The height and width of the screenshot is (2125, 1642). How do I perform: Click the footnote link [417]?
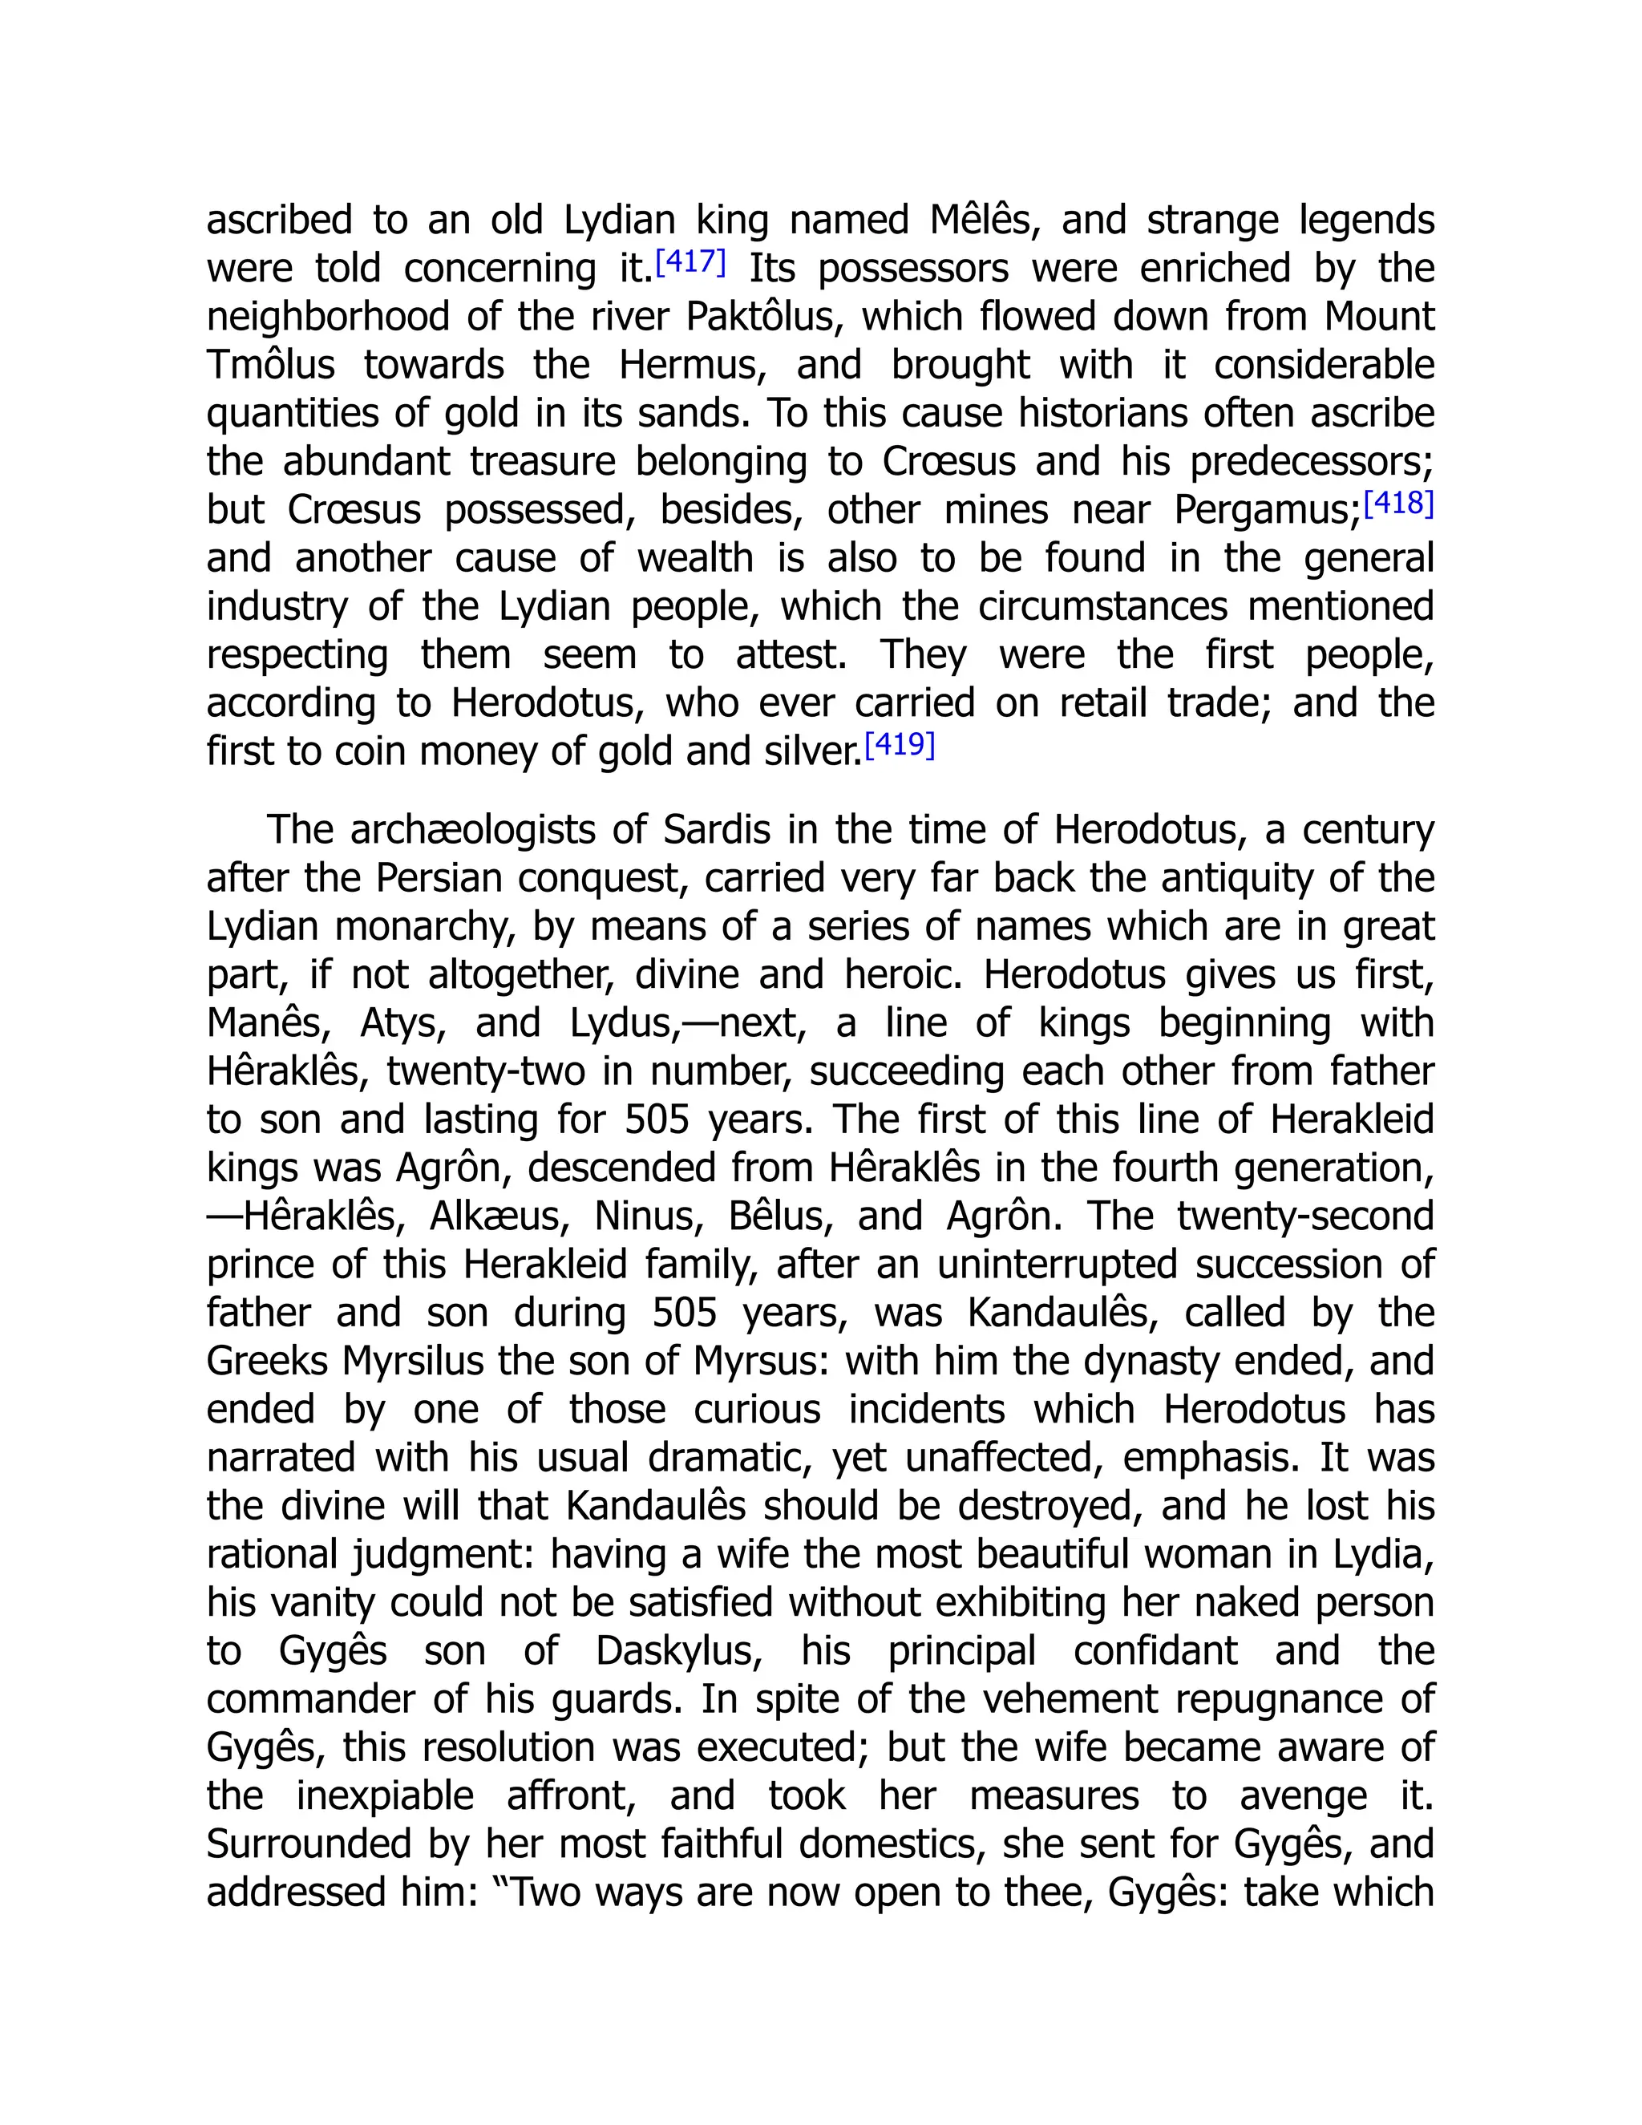[x=690, y=261]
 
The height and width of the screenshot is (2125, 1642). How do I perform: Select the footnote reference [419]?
[x=899, y=745]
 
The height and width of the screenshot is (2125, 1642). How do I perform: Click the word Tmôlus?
[x=270, y=365]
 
